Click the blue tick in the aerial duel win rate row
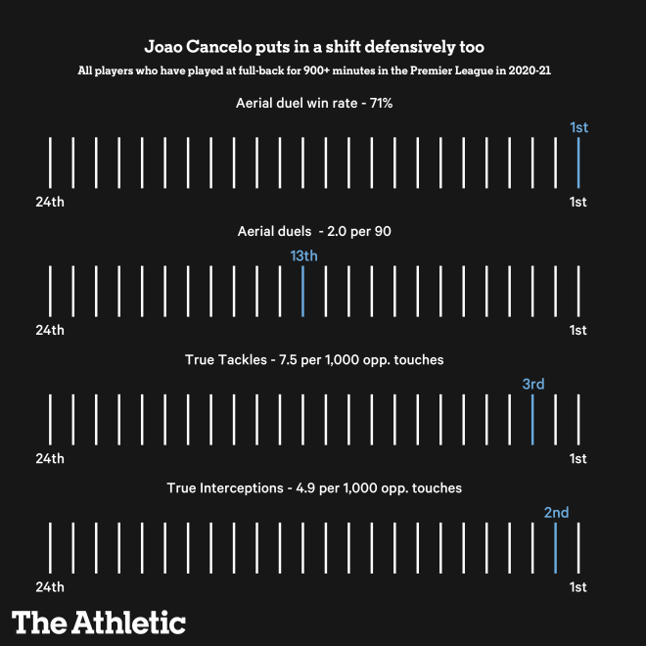pyautogui.click(x=578, y=161)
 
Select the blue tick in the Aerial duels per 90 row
pyautogui.click(x=302, y=290)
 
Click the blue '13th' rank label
pyautogui.click(x=303, y=255)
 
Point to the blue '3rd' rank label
pyautogui.click(x=532, y=384)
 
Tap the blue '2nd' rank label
pyautogui.click(x=556, y=512)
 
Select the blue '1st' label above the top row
pyautogui.click(x=578, y=127)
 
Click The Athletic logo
pyautogui.click(x=99, y=622)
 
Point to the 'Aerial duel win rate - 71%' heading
pyautogui.click(x=314, y=103)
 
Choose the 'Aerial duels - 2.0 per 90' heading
pyautogui.click(x=315, y=231)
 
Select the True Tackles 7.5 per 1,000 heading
pyautogui.click(x=314, y=360)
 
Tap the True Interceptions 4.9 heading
pyautogui.click(x=314, y=487)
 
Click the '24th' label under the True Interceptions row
pyautogui.click(x=50, y=587)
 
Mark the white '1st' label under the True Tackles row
pyautogui.click(x=578, y=459)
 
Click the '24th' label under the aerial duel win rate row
pyautogui.click(x=50, y=202)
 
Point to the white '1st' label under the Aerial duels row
pyautogui.click(x=578, y=330)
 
